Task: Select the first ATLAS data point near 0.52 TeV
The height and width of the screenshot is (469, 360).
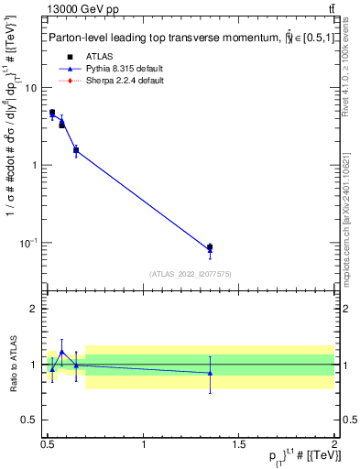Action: click(x=52, y=113)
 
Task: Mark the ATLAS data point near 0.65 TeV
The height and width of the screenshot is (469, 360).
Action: click(x=76, y=149)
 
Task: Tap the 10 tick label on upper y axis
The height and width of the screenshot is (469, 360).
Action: click(x=29, y=88)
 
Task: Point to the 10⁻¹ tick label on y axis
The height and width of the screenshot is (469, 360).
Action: click(x=27, y=243)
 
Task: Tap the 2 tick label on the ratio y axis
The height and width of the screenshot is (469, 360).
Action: click(x=33, y=309)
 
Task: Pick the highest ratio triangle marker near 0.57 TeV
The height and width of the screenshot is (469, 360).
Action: click(x=61, y=352)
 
